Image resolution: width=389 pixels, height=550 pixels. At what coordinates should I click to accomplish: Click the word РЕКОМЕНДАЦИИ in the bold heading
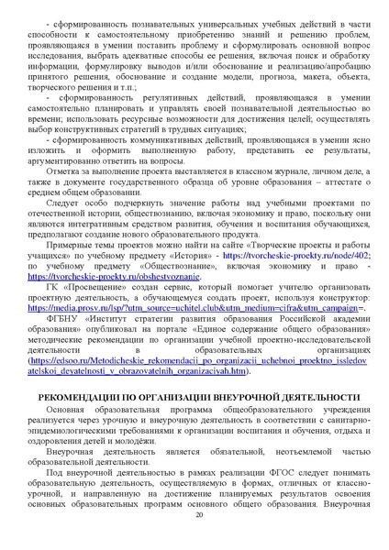pyautogui.click(x=73, y=421)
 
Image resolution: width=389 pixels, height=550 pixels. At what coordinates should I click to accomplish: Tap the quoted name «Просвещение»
pyautogui.click(x=83, y=286)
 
